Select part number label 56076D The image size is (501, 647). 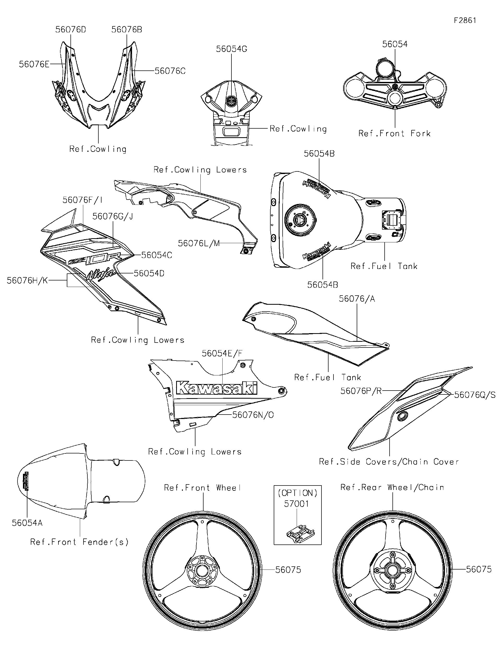click(70, 30)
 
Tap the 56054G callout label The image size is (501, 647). click(231, 49)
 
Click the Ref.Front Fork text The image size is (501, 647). click(394, 134)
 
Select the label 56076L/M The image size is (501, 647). click(199, 243)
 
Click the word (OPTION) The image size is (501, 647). click(297, 493)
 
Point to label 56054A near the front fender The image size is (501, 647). click(27, 523)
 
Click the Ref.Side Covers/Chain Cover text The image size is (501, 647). click(389, 462)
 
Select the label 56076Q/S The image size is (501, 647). click(475, 395)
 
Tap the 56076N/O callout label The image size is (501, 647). click(253, 415)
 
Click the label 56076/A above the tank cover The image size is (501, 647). click(357, 299)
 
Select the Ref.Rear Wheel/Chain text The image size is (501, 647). click(392, 487)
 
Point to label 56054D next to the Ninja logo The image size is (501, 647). click(149, 273)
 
